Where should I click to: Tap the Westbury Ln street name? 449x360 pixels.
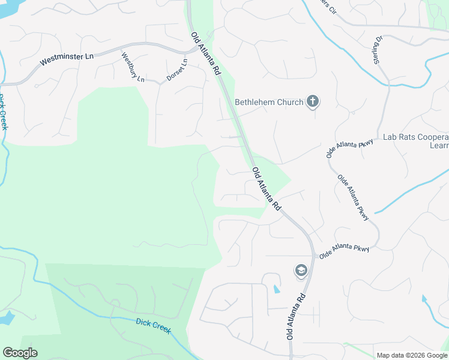pos(133,68)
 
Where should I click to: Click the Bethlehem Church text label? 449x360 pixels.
pos(269,102)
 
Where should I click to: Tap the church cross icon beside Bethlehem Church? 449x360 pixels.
pos(312,101)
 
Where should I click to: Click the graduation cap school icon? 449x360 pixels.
pos(300,271)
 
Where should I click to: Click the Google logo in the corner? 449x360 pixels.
pos(20,353)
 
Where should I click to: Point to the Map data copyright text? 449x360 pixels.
pos(411,355)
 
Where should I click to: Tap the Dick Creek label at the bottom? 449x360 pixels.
pos(153,327)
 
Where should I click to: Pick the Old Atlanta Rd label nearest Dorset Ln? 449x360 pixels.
pos(205,54)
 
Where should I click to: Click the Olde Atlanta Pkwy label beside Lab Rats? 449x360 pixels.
pos(350,148)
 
